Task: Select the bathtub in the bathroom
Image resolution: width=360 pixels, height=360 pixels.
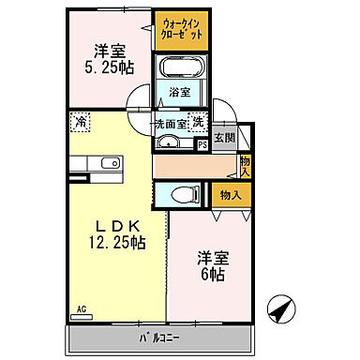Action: [181, 68]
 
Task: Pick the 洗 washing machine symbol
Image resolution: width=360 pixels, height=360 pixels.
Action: [198, 121]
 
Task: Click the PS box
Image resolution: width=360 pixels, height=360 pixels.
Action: [202, 144]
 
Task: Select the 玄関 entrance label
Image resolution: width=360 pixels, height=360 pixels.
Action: [225, 138]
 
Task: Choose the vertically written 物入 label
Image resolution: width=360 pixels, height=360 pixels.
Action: [246, 166]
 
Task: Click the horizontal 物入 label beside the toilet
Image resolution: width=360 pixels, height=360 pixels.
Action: [230, 195]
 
